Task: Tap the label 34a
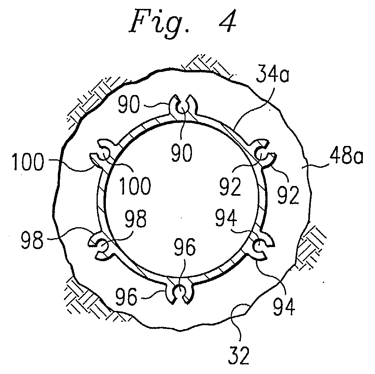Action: pos(272,74)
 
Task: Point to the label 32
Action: pos(239,355)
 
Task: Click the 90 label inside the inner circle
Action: pos(181,152)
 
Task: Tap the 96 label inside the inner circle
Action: pos(185,247)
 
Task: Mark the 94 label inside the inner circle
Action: pos(226,218)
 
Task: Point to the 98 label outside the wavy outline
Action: pos(32,239)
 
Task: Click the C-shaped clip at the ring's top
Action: pos(183,106)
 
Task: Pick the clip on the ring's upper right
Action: pos(264,153)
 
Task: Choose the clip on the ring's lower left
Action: pos(101,246)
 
